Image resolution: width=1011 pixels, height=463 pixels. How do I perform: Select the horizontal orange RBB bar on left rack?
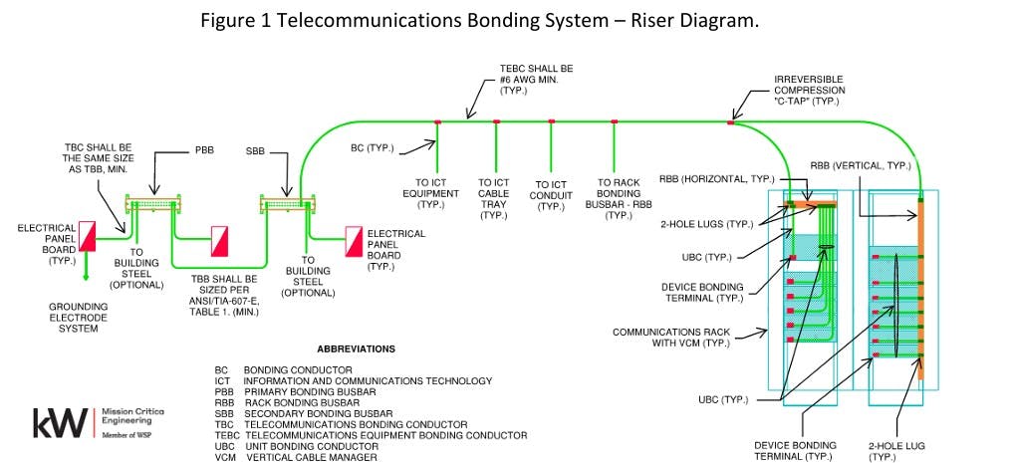click(x=812, y=205)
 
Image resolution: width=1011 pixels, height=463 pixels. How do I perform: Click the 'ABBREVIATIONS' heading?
click(x=356, y=349)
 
